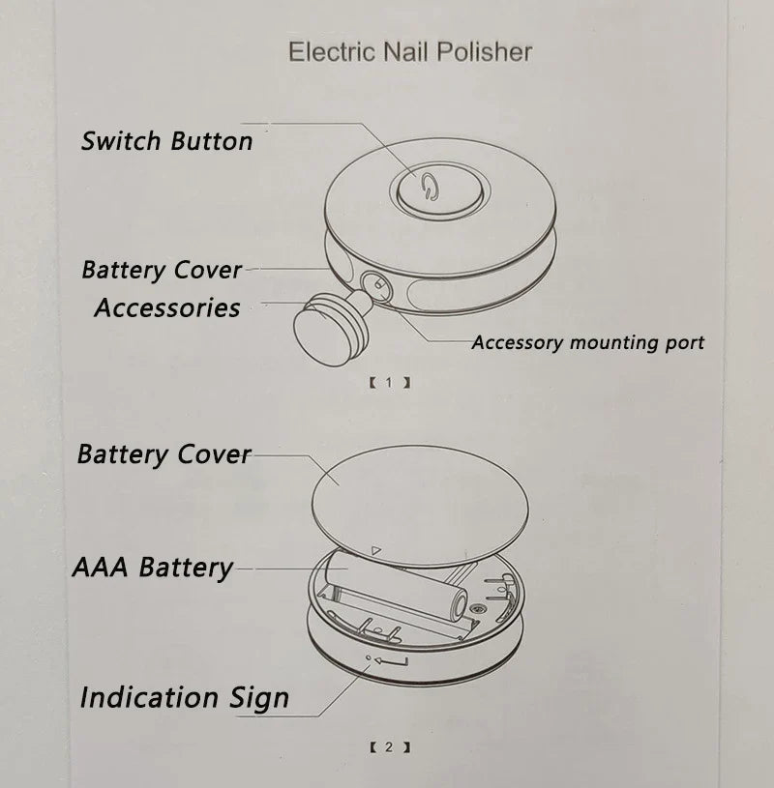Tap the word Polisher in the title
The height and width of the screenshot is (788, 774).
pyautogui.click(x=485, y=52)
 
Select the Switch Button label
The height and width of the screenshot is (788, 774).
pyautogui.click(x=166, y=140)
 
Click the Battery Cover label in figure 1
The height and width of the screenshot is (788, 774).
pyautogui.click(x=162, y=270)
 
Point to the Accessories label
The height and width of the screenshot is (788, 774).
pyautogui.click(x=167, y=307)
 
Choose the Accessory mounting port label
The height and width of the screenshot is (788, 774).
pyautogui.click(x=587, y=342)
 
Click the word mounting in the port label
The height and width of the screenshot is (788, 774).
pyautogui.click(x=608, y=342)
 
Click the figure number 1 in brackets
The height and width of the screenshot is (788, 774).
pyautogui.click(x=389, y=383)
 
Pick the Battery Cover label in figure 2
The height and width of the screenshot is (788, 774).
pyautogui.click(x=164, y=453)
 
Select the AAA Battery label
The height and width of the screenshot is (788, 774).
pyautogui.click(x=153, y=567)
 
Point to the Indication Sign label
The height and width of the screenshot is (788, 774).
pyautogui.click(x=184, y=697)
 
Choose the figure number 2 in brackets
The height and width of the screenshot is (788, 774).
pyautogui.click(x=389, y=747)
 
